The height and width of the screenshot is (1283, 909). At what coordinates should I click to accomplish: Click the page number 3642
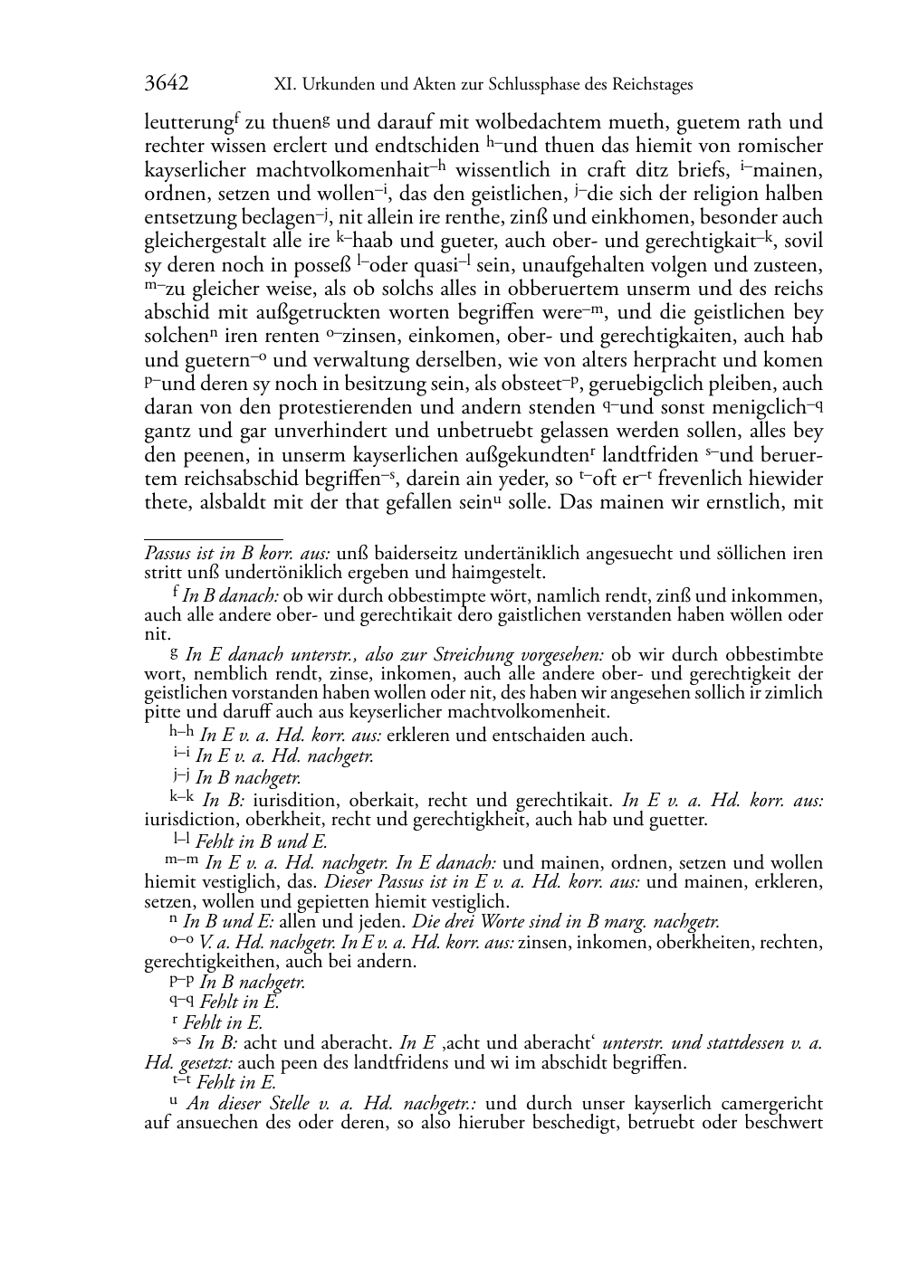point(167,84)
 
